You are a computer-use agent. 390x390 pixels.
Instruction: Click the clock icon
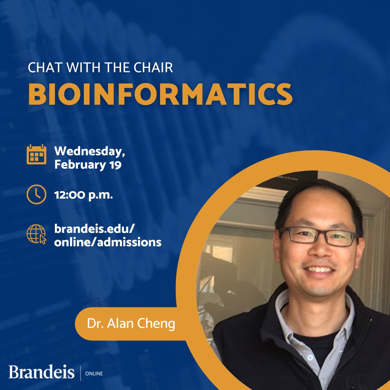click(36, 195)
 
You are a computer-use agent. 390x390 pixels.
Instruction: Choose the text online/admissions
click(108, 242)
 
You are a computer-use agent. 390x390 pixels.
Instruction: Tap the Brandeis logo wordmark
click(41, 372)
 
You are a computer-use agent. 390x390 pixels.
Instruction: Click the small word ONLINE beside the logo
click(94, 373)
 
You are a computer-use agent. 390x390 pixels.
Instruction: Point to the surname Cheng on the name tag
click(158, 324)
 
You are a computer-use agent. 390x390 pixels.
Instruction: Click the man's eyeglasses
click(318, 237)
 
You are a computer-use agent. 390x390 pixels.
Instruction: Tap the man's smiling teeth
click(319, 269)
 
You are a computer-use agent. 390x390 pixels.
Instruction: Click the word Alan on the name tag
click(123, 324)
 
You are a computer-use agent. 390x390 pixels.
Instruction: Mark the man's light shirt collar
click(289, 318)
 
